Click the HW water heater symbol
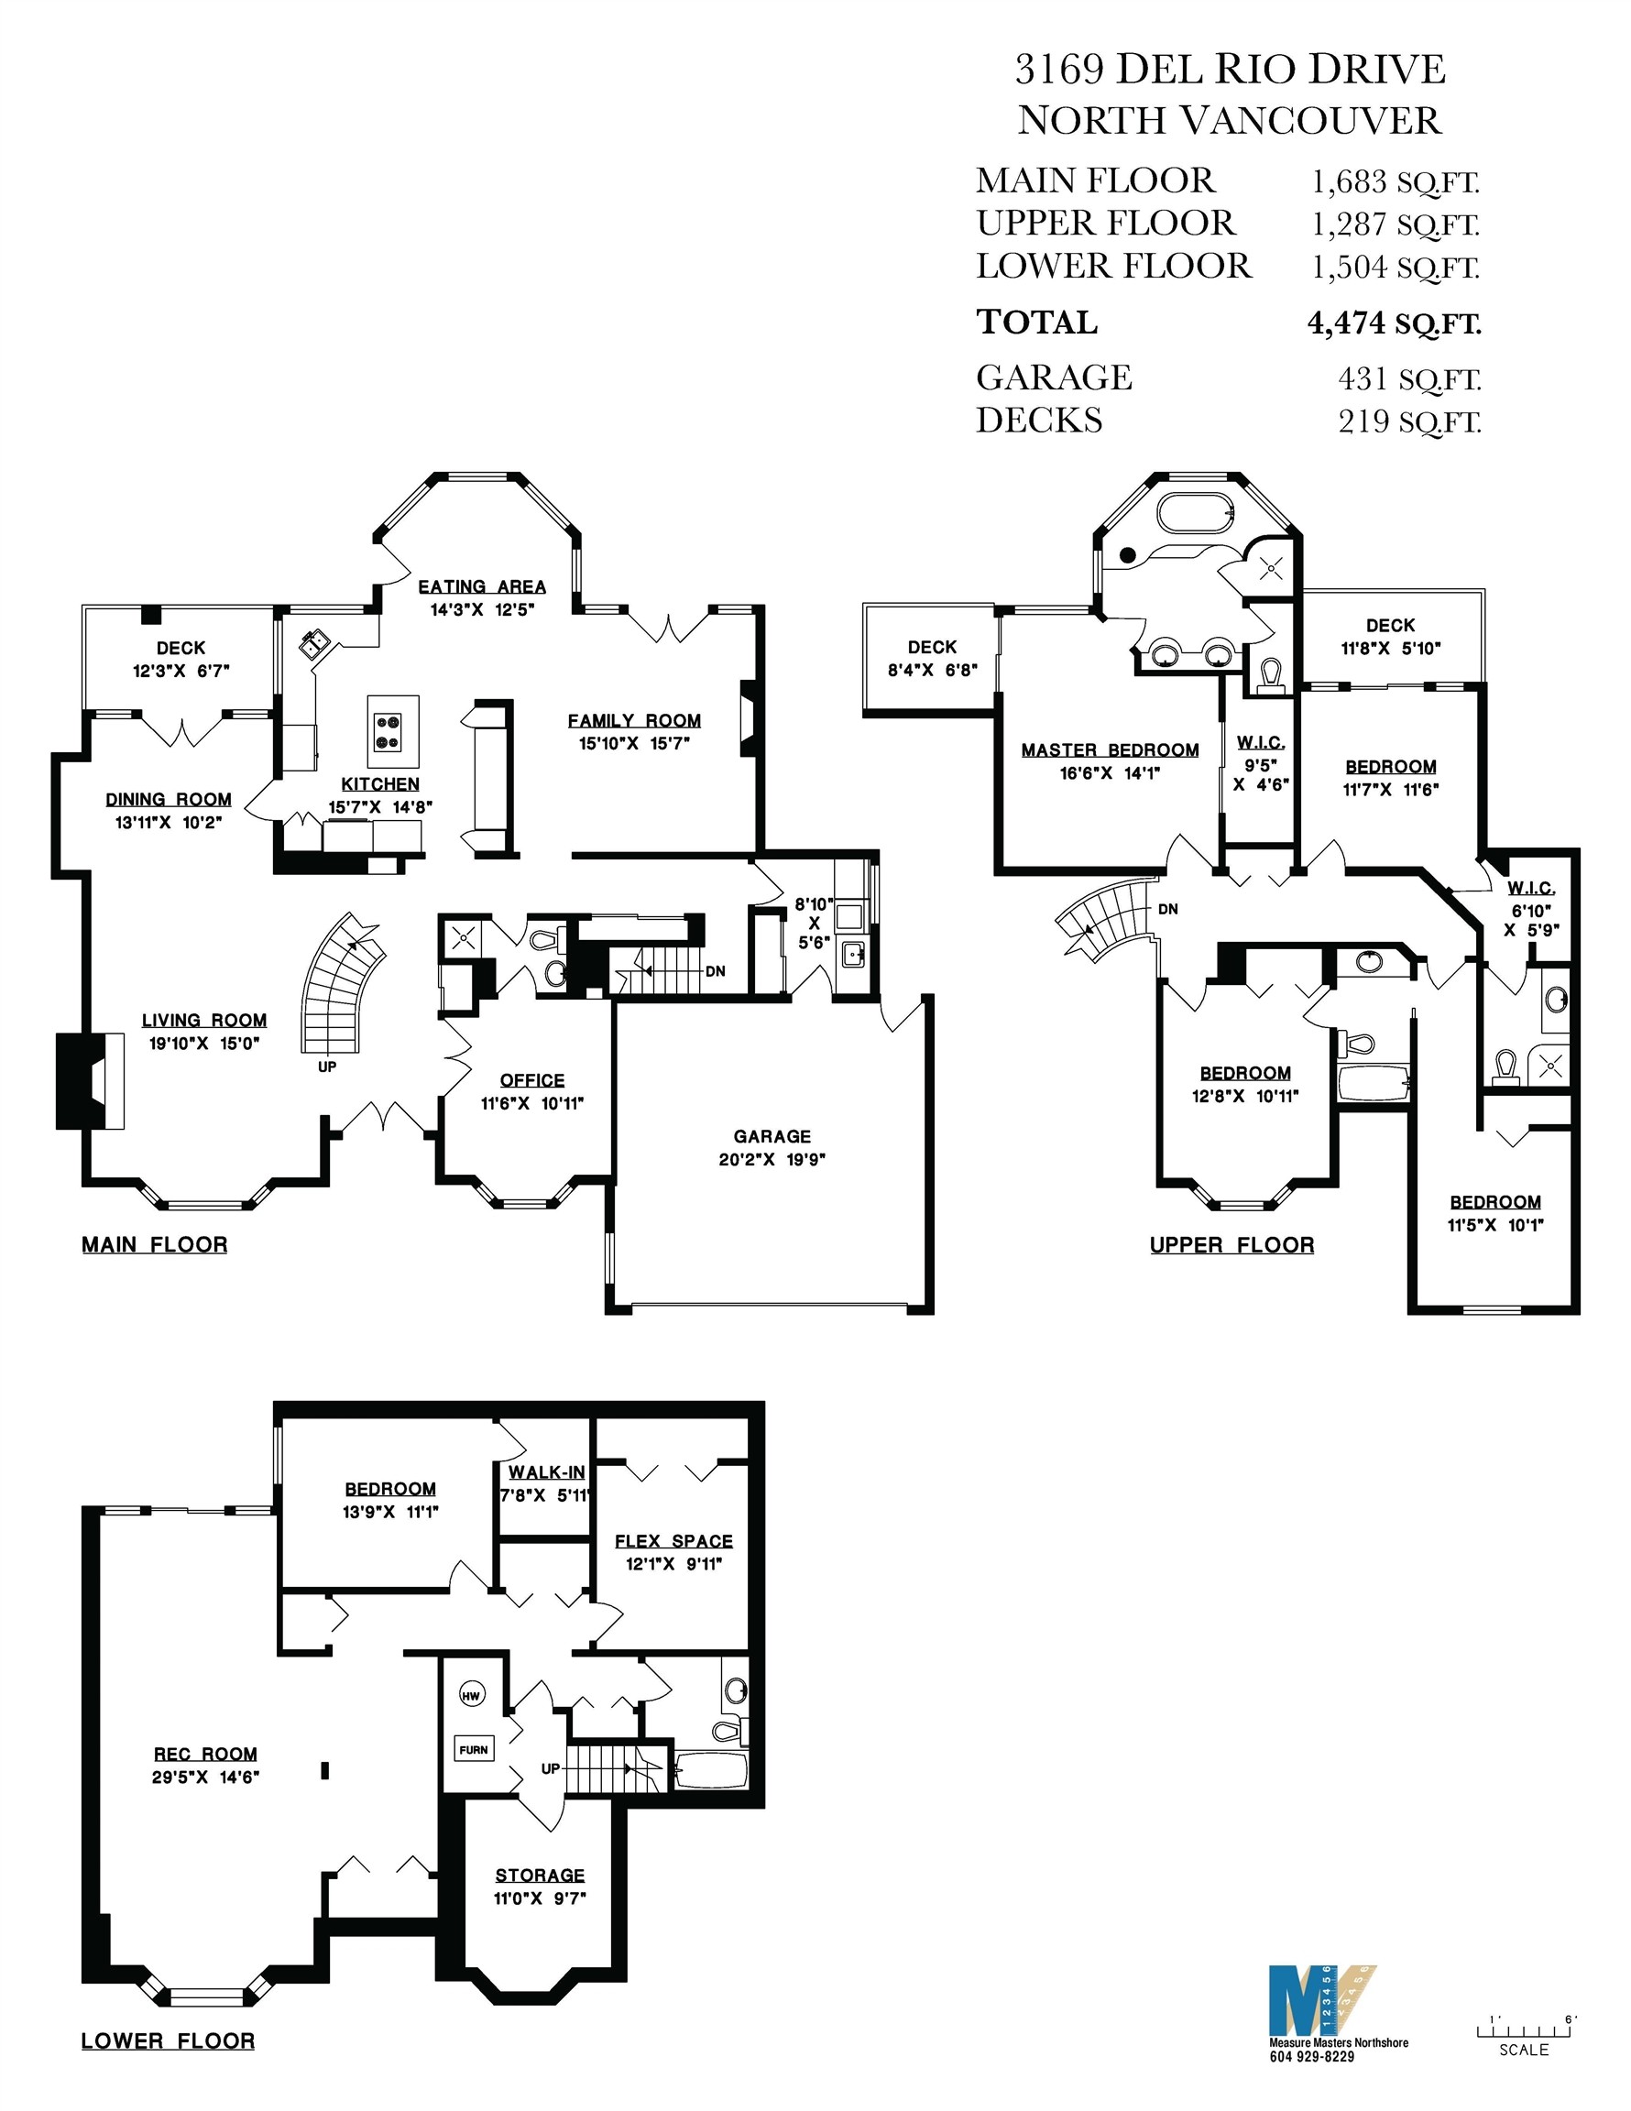pyautogui.click(x=471, y=1695)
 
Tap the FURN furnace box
pyautogui.click(x=474, y=1748)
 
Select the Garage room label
pyautogui.click(x=772, y=1137)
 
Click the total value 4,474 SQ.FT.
pyautogui.click(x=1393, y=323)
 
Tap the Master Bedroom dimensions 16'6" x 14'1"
pyautogui.click(x=1109, y=773)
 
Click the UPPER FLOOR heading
pyautogui.click(x=1231, y=1245)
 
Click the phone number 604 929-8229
pyautogui.click(x=1311, y=2057)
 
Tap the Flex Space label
pyautogui.click(x=673, y=1541)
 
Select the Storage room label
pyautogui.click(x=540, y=1876)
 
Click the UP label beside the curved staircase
pyautogui.click(x=327, y=1067)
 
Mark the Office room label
pyautogui.click(x=531, y=1080)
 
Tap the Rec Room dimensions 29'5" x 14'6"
pyautogui.click(x=205, y=1777)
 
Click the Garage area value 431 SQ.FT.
pyautogui.click(x=1408, y=379)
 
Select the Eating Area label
pyautogui.click(x=481, y=586)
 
